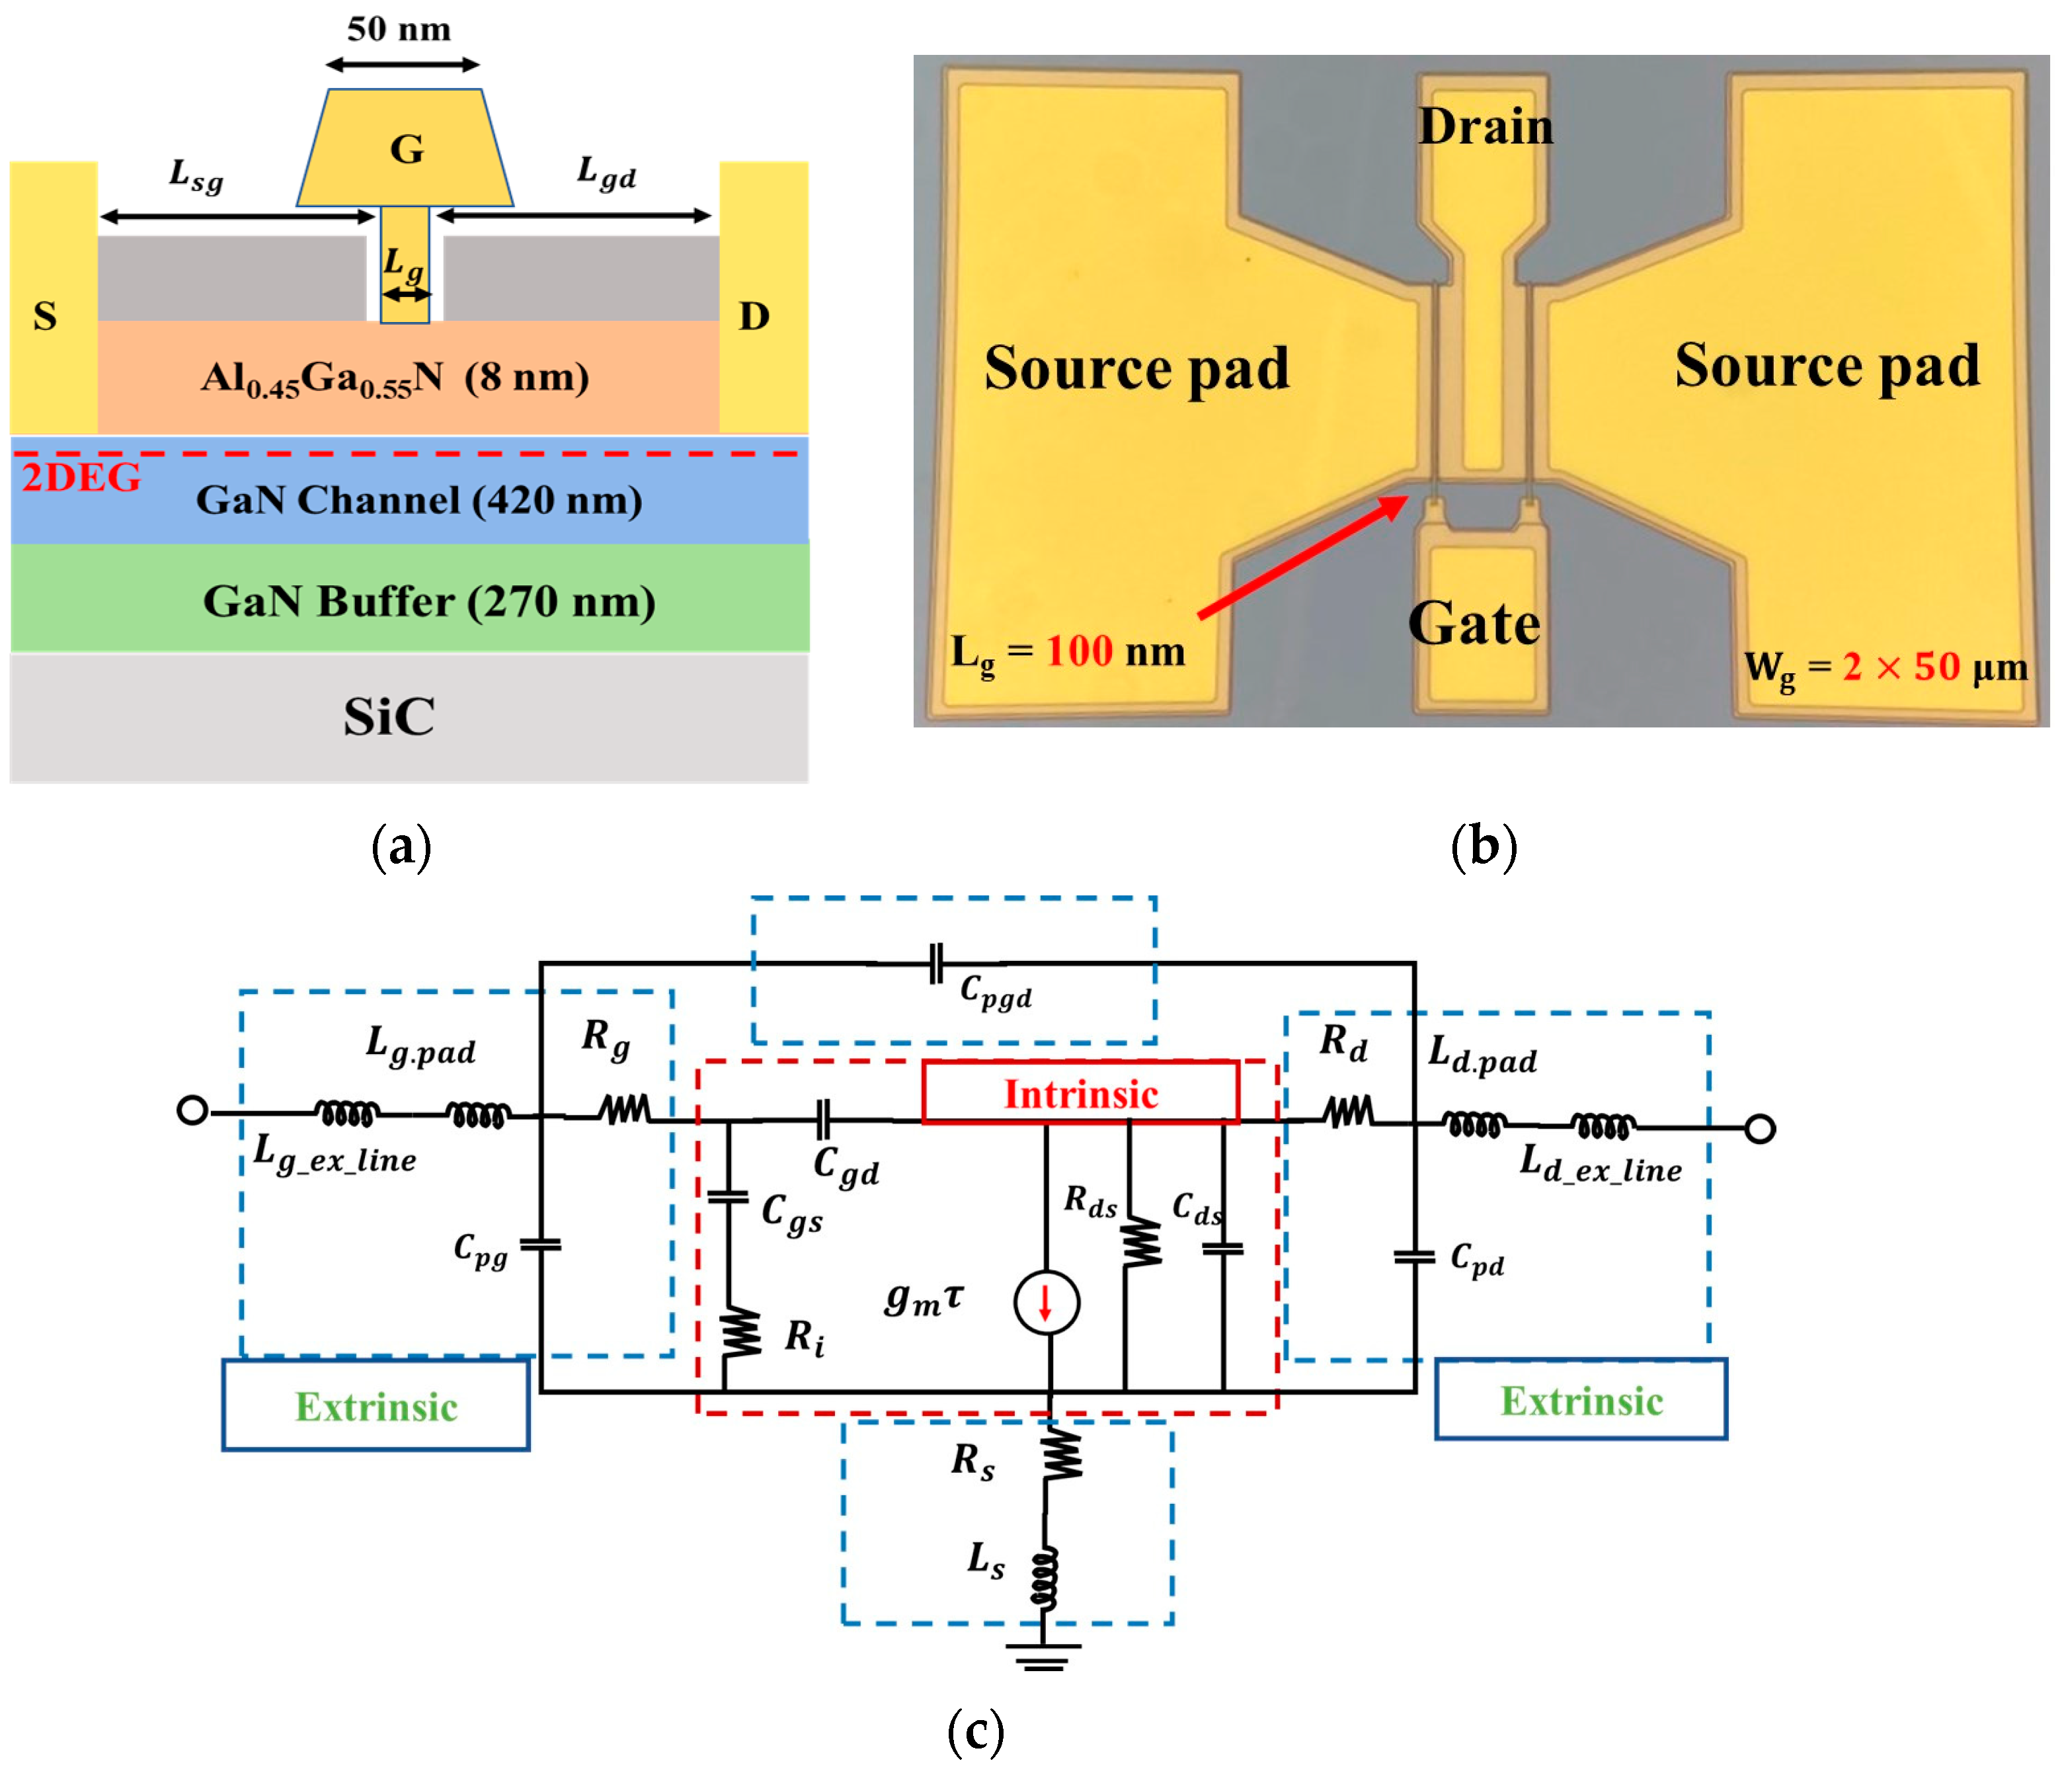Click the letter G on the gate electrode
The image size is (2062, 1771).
coord(406,149)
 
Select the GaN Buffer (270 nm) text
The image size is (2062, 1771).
coord(429,601)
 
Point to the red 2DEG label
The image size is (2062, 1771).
coord(81,478)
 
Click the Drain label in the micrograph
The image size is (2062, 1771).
coord(1485,126)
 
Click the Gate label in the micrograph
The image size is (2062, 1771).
coord(1474,624)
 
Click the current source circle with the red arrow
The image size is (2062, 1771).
coord(1046,1302)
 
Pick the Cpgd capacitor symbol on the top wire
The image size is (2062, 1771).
coord(935,964)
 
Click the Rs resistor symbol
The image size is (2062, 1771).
coord(1062,1456)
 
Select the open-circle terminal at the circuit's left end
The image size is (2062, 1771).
coord(192,1110)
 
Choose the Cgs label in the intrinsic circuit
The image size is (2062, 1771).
coord(792,1213)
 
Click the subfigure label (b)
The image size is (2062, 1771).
coord(1483,847)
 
